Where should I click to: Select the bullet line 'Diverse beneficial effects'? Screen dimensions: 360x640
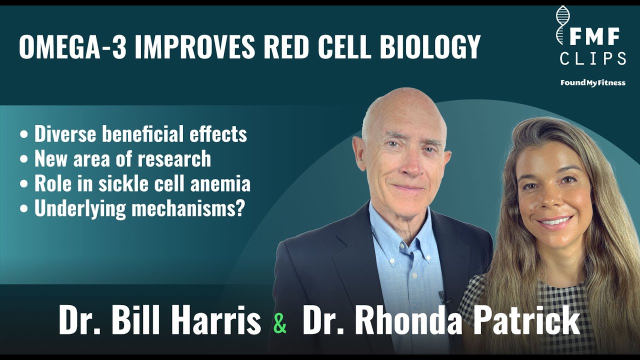pyautogui.click(x=140, y=134)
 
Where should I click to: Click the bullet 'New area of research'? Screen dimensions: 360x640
pyautogui.click(x=122, y=159)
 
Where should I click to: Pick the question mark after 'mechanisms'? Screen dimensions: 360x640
pyautogui.click(x=239, y=209)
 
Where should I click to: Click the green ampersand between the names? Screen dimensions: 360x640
pyautogui.click(x=280, y=323)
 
